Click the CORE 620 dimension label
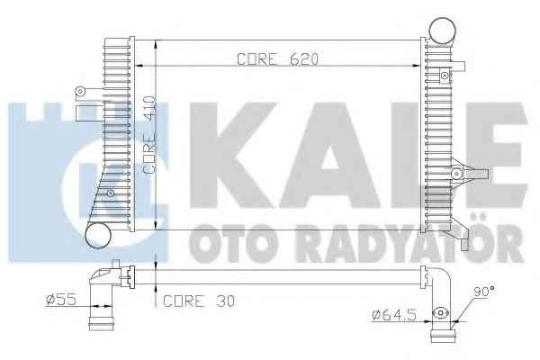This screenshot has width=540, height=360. pyautogui.click(x=277, y=59)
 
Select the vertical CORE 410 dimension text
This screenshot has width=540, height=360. pyautogui.click(x=149, y=135)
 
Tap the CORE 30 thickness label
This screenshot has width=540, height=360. pyautogui.click(x=199, y=301)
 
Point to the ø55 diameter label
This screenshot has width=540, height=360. pyautogui.click(x=61, y=300)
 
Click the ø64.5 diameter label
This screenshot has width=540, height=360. pyautogui.click(x=395, y=315)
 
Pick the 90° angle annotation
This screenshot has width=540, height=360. pyautogui.click(x=484, y=292)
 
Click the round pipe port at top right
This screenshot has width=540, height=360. pyautogui.click(x=443, y=31)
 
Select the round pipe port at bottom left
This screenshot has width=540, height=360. pyautogui.click(x=98, y=235)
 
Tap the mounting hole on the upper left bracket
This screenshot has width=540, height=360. pyautogui.click(x=80, y=91)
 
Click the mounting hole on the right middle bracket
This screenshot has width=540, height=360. pyautogui.click(x=456, y=174)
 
